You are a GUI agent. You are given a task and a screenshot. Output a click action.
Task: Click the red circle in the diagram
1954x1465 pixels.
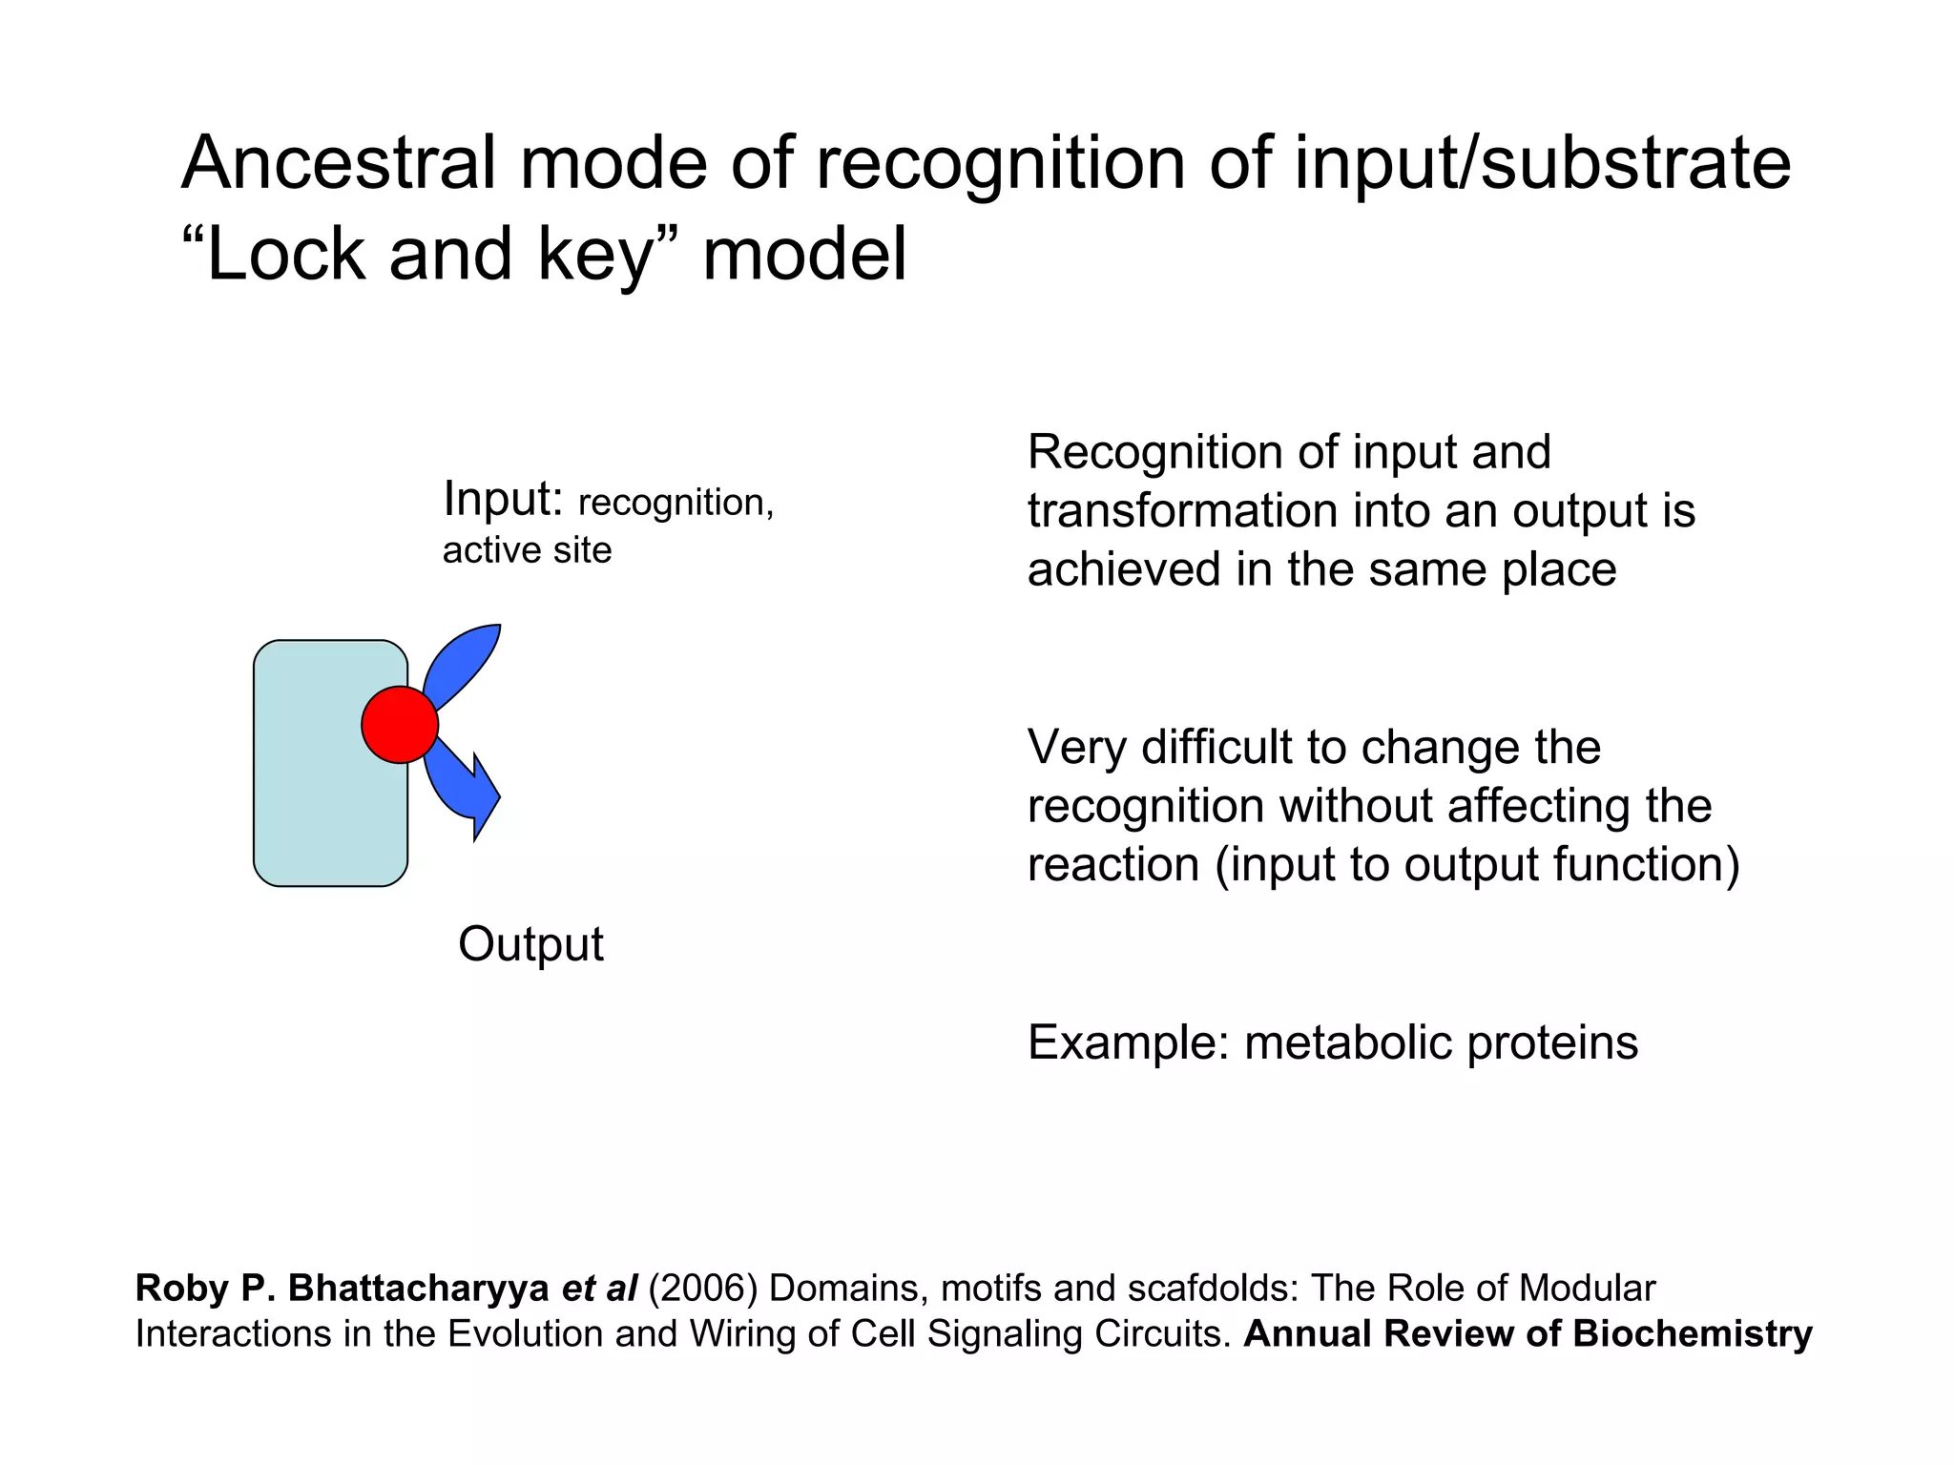click(400, 725)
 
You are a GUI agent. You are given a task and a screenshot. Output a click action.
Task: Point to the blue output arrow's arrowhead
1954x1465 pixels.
click(486, 797)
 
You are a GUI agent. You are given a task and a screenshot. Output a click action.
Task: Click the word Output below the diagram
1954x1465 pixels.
click(530, 944)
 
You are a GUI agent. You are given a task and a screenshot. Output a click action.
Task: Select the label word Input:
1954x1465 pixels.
click(503, 499)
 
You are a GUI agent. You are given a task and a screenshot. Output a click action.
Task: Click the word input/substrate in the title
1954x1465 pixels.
click(1542, 163)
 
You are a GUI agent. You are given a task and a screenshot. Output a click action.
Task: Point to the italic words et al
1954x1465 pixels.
click(599, 1289)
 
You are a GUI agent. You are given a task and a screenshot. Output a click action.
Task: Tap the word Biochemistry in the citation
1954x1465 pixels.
click(1693, 1333)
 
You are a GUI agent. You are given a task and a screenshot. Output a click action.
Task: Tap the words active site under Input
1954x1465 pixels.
click(527, 550)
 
